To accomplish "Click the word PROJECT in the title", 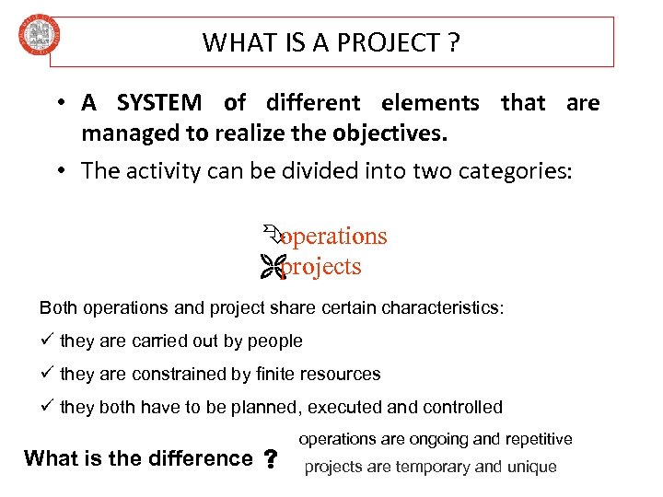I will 390,42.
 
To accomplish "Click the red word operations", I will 333,237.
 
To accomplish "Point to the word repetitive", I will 534,440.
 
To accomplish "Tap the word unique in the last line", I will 532,467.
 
